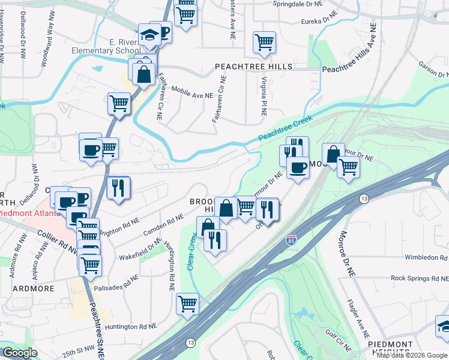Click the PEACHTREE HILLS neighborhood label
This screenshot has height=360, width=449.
[x=255, y=66]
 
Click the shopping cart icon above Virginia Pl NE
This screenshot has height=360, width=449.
[x=264, y=43]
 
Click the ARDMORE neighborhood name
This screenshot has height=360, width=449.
[x=28, y=289]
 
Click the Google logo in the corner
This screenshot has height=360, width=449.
[x=20, y=352]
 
